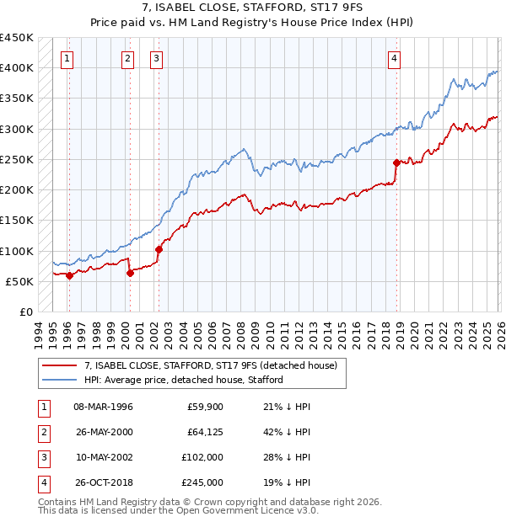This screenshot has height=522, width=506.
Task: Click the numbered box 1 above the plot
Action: tap(67, 58)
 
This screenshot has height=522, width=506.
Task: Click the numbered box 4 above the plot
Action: tap(394, 58)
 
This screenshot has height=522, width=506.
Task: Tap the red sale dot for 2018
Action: tap(396, 162)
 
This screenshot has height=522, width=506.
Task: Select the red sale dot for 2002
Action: tap(159, 249)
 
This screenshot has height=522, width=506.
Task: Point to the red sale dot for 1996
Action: tap(69, 275)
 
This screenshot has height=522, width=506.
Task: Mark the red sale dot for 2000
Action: tap(130, 273)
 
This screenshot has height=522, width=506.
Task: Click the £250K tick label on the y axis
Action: tap(17, 159)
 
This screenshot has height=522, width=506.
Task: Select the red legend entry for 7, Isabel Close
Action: tap(211, 365)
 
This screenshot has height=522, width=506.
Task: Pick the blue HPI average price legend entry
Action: tap(183, 380)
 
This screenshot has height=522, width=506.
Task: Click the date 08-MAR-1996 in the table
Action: tap(104, 407)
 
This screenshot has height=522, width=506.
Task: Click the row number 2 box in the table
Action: tap(42, 432)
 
